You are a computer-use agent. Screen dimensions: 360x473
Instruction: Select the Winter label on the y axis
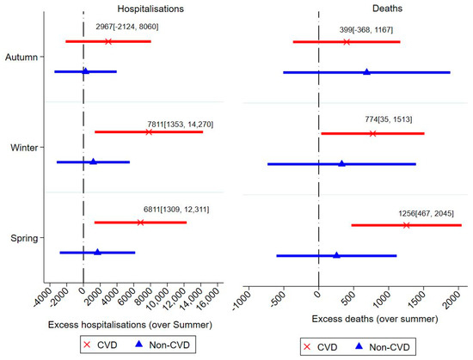pyautogui.click(x=22, y=148)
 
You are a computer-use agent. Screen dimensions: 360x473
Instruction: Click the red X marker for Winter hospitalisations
pyautogui.click(x=149, y=131)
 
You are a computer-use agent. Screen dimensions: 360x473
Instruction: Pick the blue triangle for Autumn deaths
pyautogui.click(x=366, y=72)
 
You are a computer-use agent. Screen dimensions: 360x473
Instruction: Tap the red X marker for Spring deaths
pyautogui.click(x=406, y=225)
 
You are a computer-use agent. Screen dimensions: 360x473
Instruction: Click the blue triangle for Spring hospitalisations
pyautogui.click(x=97, y=253)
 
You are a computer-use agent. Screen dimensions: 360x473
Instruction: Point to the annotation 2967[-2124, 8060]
pyautogui.click(x=127, y=27)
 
